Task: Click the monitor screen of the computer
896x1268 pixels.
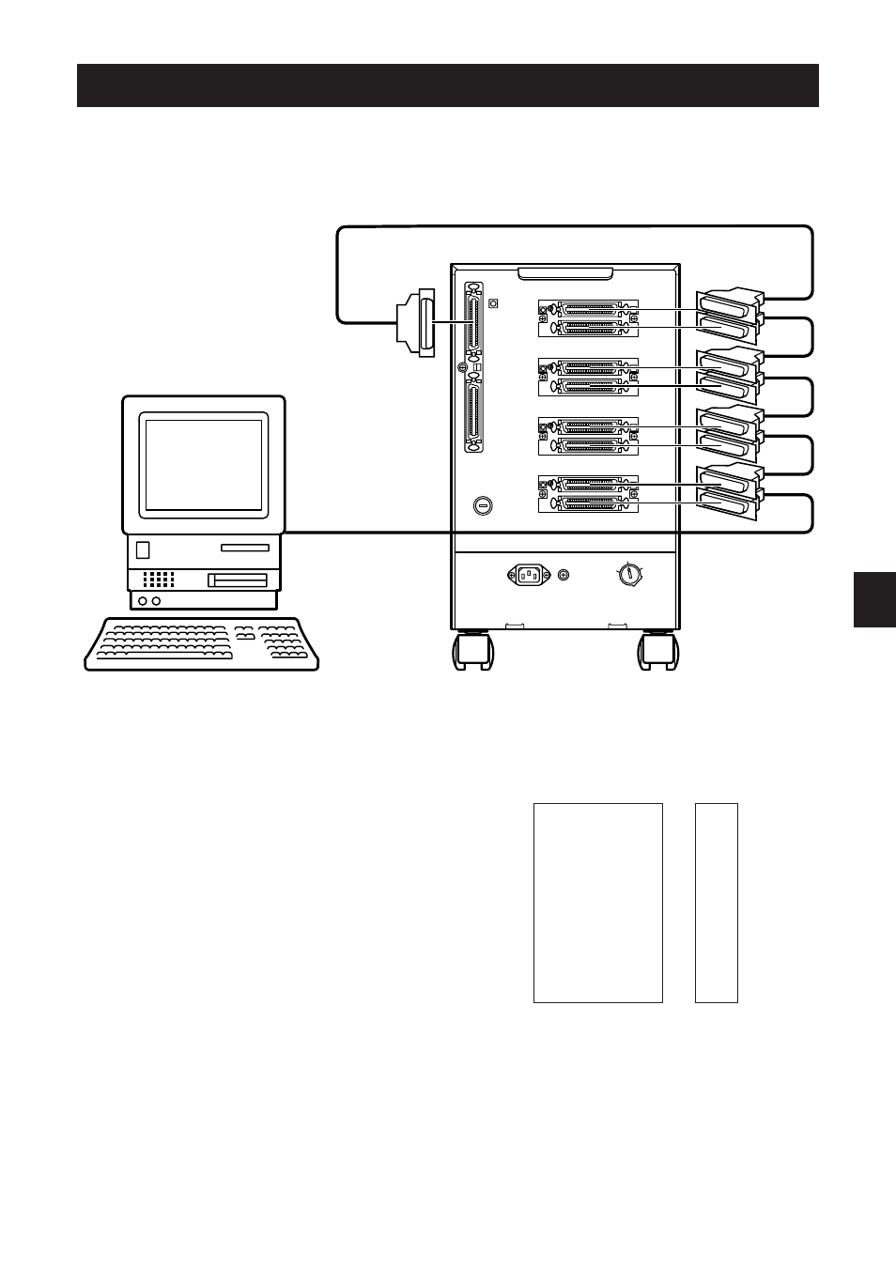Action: click(204, 465)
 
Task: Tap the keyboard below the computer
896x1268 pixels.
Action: click(202, 643)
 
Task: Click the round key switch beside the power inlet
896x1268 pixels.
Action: click(630, 573)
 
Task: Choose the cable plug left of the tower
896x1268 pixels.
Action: click(416, 323)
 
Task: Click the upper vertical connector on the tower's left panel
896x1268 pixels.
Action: click(472, 322)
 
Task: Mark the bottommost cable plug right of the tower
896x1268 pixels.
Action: click(728, 505)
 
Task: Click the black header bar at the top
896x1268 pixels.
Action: click(447, 85)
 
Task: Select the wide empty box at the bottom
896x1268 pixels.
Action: click(598, 903)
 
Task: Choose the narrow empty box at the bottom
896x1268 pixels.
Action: click(717, 903)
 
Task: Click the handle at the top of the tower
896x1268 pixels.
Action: click(565, 272)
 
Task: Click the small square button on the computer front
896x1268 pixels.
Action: click(143, 549)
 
